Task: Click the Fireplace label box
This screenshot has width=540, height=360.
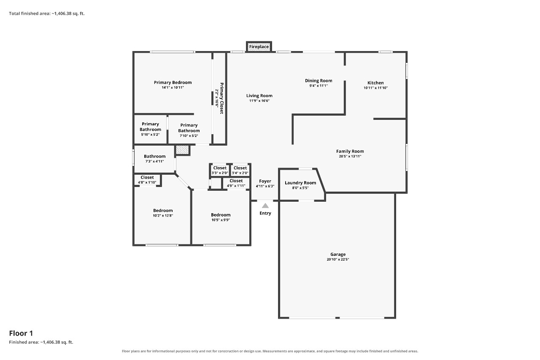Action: (x=259, y=46)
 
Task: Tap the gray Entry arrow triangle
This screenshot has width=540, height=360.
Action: (x=265, y=206)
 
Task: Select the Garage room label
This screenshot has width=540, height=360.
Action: (x=338, y=254)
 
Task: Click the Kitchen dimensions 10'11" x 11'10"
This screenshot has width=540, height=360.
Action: (x=375, y=88)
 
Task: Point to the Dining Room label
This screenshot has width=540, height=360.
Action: (x=319, y=81)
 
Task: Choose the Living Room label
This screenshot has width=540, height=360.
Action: (x=259, y=96)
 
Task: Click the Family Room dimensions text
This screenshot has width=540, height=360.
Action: (x=350, y=156)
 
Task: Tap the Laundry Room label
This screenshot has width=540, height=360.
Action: (x=300, y=183)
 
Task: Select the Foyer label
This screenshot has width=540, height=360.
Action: (x=265, y=181)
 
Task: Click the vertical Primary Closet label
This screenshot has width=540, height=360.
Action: (x=221, y=98)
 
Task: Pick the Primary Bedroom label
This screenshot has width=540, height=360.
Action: (x=173, y=82)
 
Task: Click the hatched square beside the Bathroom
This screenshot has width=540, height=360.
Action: (x=182, y=150)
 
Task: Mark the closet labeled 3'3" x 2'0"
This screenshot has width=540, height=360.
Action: (x=220, y=170)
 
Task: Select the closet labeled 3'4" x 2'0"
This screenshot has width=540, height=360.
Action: (x=240, y=170)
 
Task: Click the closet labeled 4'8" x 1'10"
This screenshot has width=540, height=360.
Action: (x=147, y=180)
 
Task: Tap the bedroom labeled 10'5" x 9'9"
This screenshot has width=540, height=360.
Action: (x=221, y=217)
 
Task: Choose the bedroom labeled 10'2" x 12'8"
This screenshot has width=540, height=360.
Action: (x=163, y=213)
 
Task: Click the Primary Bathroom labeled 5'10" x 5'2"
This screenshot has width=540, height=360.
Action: (x=150, y=129)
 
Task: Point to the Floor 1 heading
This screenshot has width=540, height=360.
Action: (x=21, y=333)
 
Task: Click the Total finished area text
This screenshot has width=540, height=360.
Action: (x=47, y=14)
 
